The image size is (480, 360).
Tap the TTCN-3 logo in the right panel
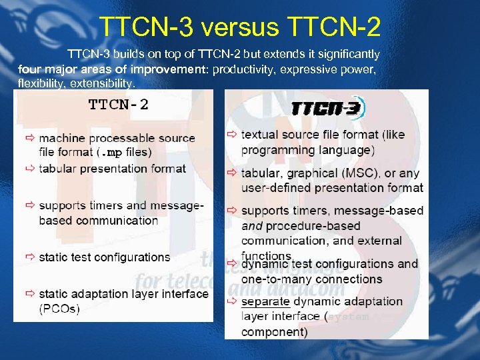tap(328, 109)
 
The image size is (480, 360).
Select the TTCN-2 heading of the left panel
tap(119, 104)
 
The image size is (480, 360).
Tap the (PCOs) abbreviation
tap(59, 309)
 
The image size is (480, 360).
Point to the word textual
tap(262, 135)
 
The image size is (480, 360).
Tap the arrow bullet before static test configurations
tap(31, 257)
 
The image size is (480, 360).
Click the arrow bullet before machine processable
tap(31, 138)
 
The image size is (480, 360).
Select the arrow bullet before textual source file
tap(231, 135)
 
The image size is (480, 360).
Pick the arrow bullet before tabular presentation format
tap(31, 168)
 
